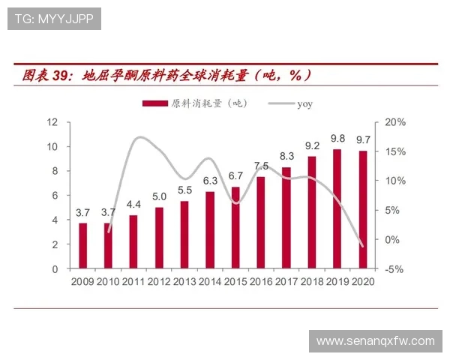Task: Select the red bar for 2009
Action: tap(83, 245)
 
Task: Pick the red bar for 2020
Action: tap(363, 209)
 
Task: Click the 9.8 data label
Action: tap(337, 139)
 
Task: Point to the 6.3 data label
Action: tap(210, 181)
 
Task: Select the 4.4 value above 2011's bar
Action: tap(133, 204)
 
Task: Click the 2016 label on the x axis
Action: tap(261, 282)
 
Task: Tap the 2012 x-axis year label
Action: tap(159, 282)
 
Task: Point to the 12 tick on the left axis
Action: tap(53, 121)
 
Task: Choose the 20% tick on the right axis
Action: tap(396, 121)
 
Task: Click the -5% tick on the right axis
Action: tap(396, 268)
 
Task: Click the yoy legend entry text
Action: tap(304, 103)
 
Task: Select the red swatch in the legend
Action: tap(154, 103)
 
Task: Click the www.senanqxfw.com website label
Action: tap(375, 341)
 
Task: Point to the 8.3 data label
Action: tap(286, 156)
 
